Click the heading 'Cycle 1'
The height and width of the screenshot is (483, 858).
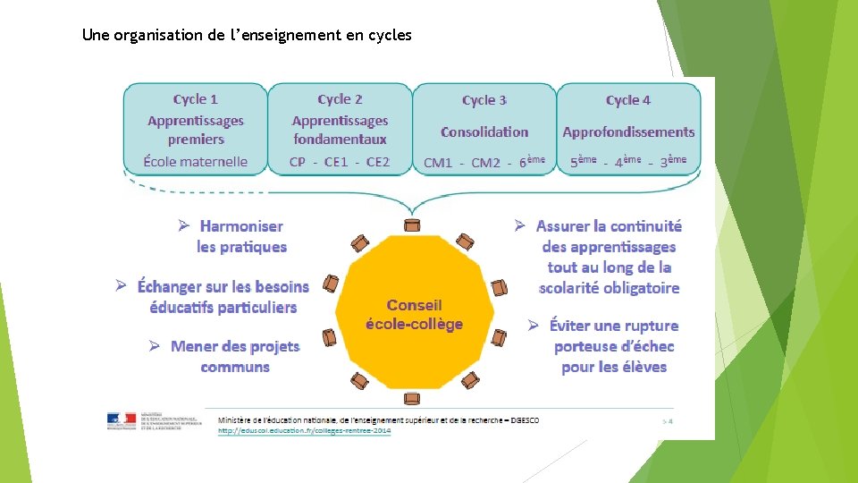[196, 99]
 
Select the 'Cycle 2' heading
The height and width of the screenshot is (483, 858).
[340, 99]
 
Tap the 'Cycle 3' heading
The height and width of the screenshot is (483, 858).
[484, 100]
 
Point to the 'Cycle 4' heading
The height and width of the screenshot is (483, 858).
[628, 100]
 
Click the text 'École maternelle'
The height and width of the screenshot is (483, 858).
[196, 162]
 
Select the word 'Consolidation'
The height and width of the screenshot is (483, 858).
[484, 131]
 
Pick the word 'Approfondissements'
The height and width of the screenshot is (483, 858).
[628, 131]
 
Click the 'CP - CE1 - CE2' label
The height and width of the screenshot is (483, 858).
[340, 162]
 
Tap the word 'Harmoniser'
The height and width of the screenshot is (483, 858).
[241, 227]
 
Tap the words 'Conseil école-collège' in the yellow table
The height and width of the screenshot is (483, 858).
[414, 314]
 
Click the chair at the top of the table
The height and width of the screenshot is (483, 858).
[412, 224]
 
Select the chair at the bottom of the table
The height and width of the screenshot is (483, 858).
[412, 398]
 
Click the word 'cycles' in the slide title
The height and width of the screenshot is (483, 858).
[391, 36]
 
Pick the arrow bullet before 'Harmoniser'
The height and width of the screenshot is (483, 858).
[182, 226]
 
